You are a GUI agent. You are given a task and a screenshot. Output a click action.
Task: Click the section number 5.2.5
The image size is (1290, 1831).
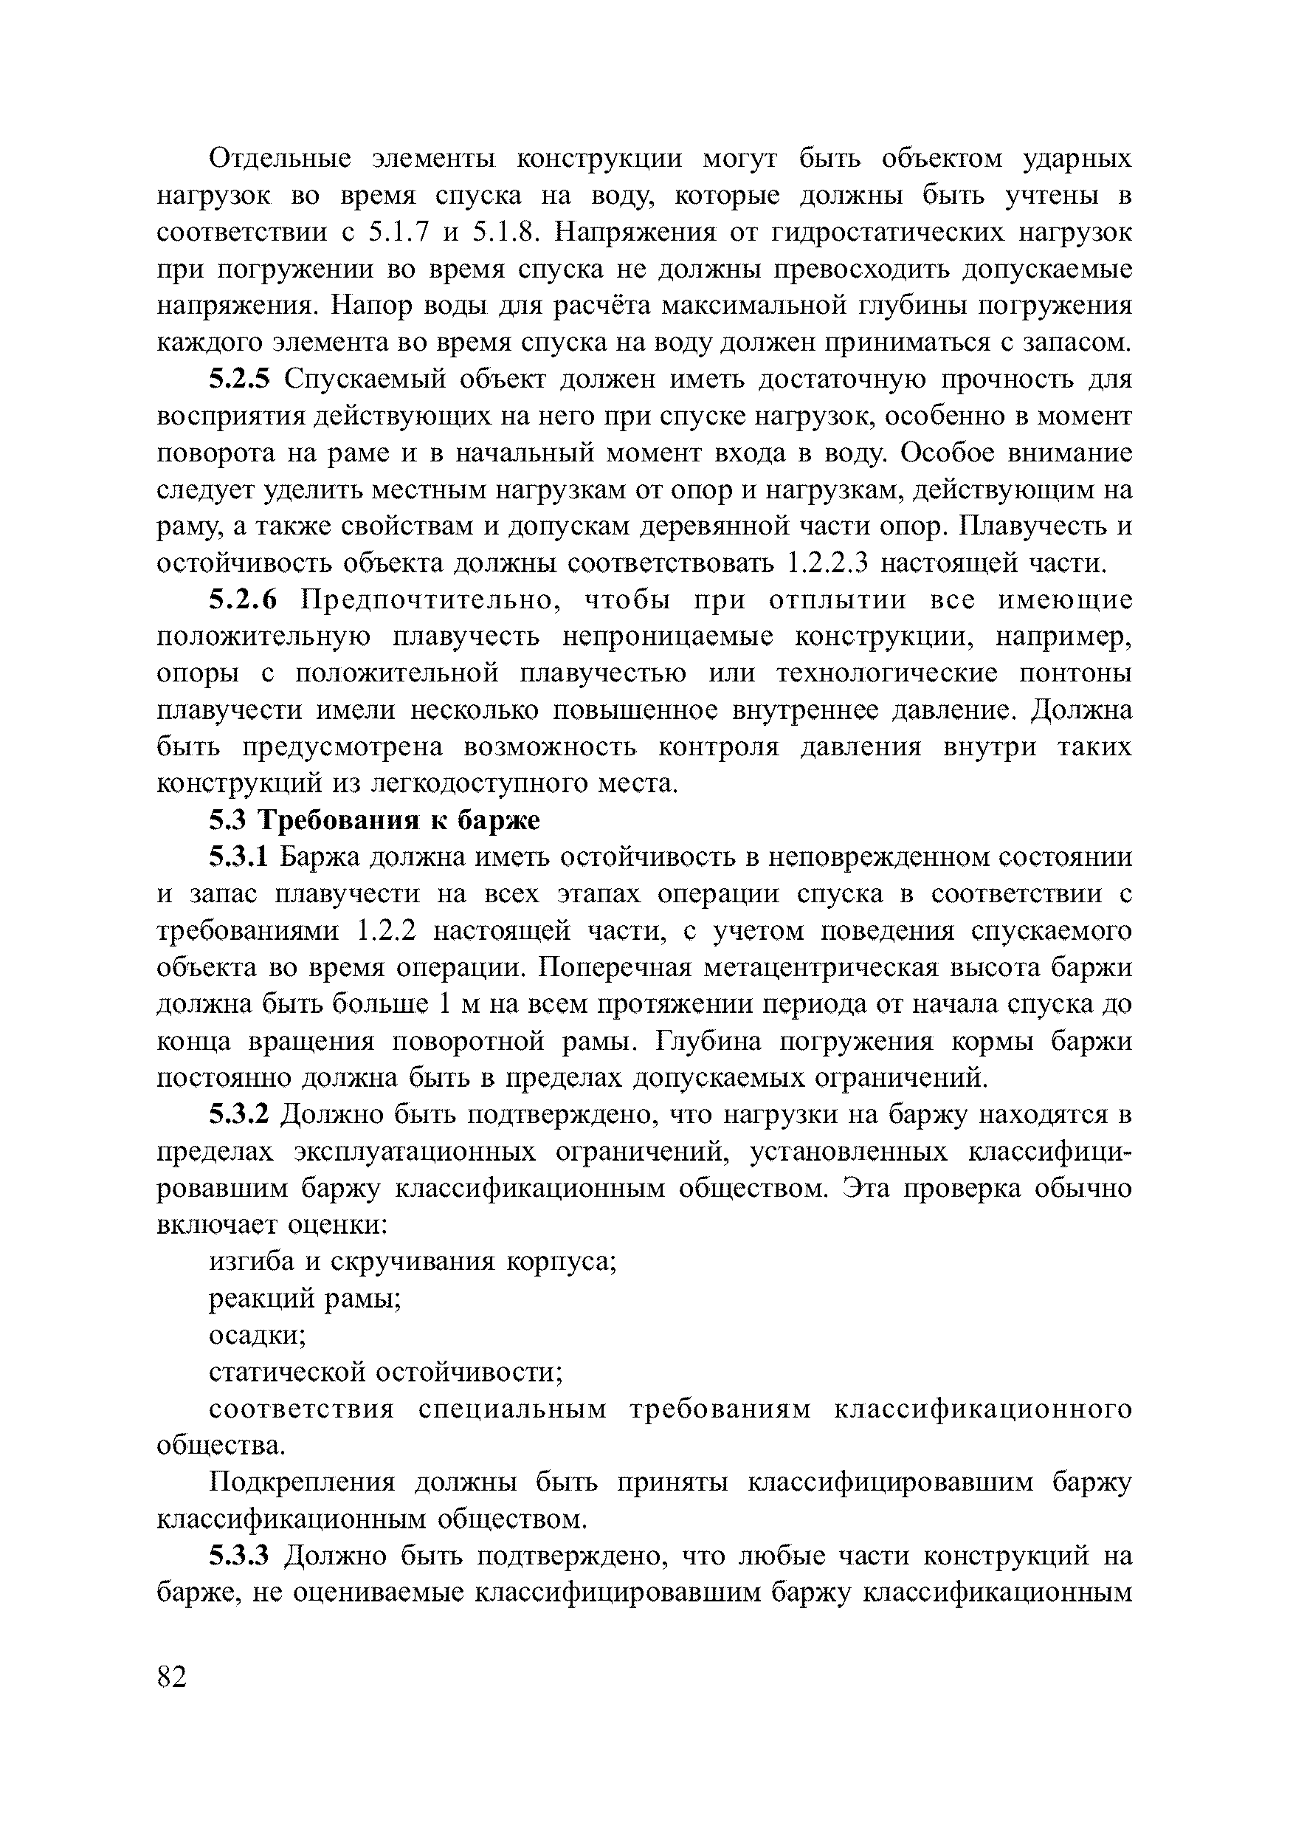(240, 379)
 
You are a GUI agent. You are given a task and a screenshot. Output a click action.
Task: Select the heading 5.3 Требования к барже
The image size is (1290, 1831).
(374, 820)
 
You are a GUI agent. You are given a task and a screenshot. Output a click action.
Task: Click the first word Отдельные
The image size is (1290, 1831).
(280, 159)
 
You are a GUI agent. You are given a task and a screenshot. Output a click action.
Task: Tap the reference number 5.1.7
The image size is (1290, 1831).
(399, 232)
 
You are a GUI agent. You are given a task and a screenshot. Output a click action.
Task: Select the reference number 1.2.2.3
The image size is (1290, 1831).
(826, 563)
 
